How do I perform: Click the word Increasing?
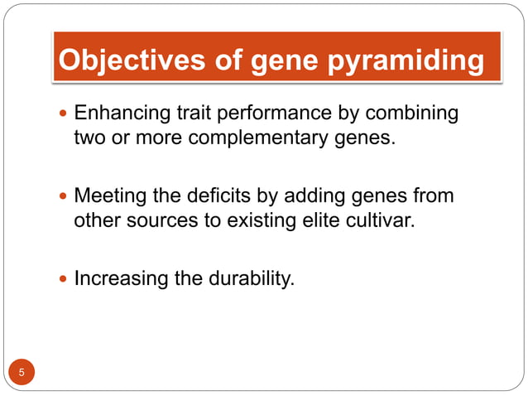121,278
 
